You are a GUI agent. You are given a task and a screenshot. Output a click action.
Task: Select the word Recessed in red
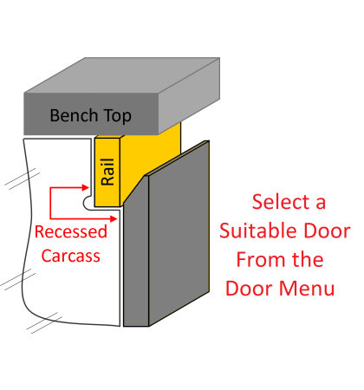tap(71, 232)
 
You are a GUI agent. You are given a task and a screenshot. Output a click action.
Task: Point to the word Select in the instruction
tap(280, 202)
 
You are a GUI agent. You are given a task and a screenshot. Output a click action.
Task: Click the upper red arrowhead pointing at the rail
tap(88, 185)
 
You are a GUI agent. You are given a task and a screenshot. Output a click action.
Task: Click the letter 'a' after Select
tap(320, 203)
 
